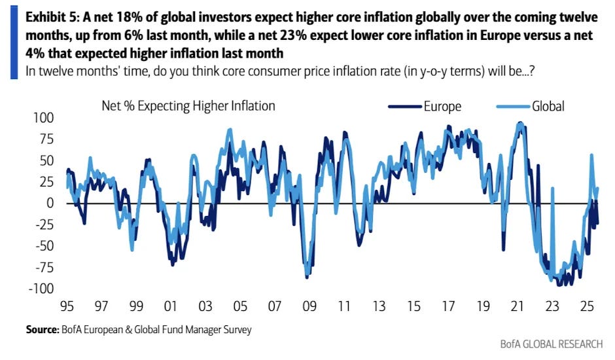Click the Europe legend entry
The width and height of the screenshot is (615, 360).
click(442, 105)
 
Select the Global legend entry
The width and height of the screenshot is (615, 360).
click(548, 105)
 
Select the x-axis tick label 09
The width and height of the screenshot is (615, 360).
click(306, 306)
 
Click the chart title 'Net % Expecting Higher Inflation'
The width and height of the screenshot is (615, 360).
click(188, 105)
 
